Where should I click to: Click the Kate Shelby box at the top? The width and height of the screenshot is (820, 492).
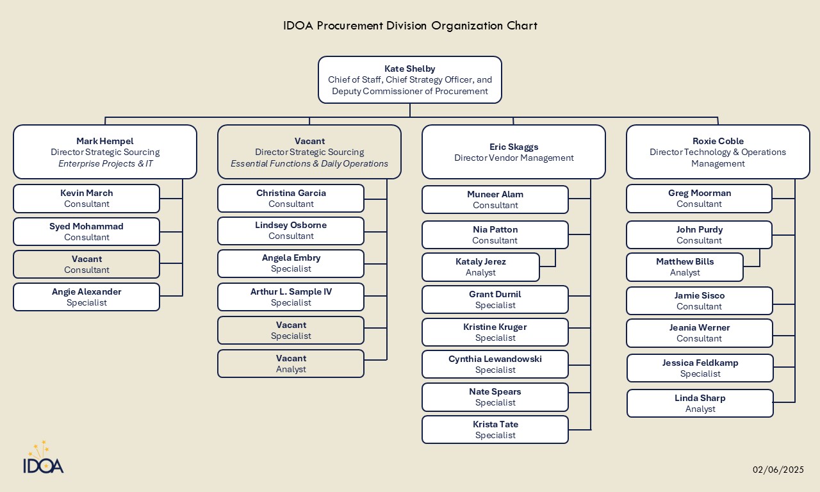pos(410,79)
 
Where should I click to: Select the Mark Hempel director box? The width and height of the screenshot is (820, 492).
pos(105,152)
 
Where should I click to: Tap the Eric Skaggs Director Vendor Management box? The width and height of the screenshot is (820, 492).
pos(514,152)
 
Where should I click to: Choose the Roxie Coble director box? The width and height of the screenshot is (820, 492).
pos(717,152)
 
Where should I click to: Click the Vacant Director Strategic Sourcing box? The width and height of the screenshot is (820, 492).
pos(309,152)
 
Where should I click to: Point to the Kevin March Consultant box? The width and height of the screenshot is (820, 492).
pos(86,199)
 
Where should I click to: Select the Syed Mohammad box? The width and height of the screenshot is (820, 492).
pos(86,231)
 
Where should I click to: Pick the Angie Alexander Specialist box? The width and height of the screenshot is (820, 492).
pos(86,297)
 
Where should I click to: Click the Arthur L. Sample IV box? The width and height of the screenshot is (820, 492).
pos(291,297)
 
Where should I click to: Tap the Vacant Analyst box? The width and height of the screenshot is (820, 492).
pos(291,364)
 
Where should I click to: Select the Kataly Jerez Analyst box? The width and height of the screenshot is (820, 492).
pos(480,267)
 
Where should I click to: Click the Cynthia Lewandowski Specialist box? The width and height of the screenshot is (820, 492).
pos(495,365)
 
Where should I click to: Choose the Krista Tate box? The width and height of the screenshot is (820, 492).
pos(495,430)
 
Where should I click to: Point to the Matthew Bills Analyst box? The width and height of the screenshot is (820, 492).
pos(685,267)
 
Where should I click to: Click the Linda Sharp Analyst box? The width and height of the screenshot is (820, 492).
pos(700,404)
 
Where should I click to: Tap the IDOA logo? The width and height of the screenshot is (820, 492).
pos(44,458)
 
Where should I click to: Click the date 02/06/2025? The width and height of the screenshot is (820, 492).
pos(778,470)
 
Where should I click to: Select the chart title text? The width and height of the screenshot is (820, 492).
pos(410,26)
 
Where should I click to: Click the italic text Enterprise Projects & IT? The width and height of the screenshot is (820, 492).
pos(105,163)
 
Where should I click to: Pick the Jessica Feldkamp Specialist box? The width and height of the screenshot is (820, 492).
pos(700,368)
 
